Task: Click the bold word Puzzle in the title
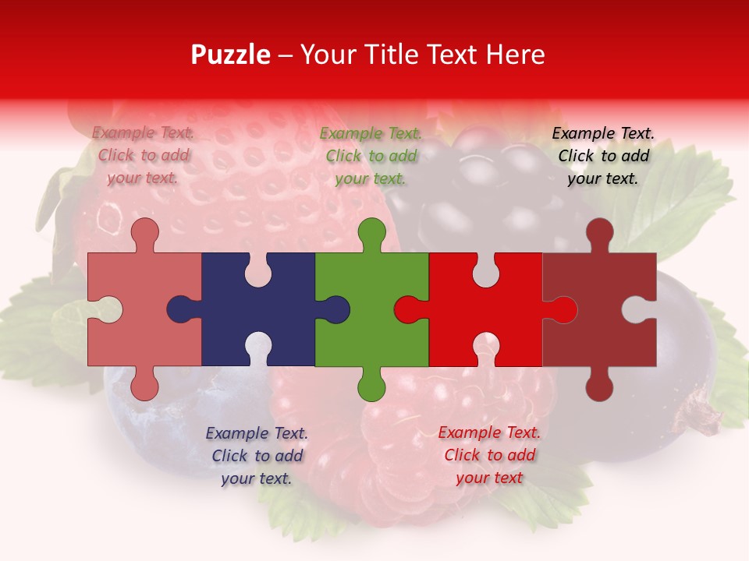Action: pos(230,55)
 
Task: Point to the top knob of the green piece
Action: pos(371,232)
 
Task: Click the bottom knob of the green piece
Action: pos(371,386)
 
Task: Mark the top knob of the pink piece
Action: pos(144,232)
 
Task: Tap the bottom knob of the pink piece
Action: pos(144,386)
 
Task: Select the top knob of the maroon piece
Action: pos(599,232)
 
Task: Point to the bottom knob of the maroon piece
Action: pos(599,386)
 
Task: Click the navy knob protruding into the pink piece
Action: pos(181,309)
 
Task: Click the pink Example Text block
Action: pos(143,155)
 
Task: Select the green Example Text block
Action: pos(371,156)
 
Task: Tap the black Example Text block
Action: pos(603,156)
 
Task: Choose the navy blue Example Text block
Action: pos(257,456)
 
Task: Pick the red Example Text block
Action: pos(489,455)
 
